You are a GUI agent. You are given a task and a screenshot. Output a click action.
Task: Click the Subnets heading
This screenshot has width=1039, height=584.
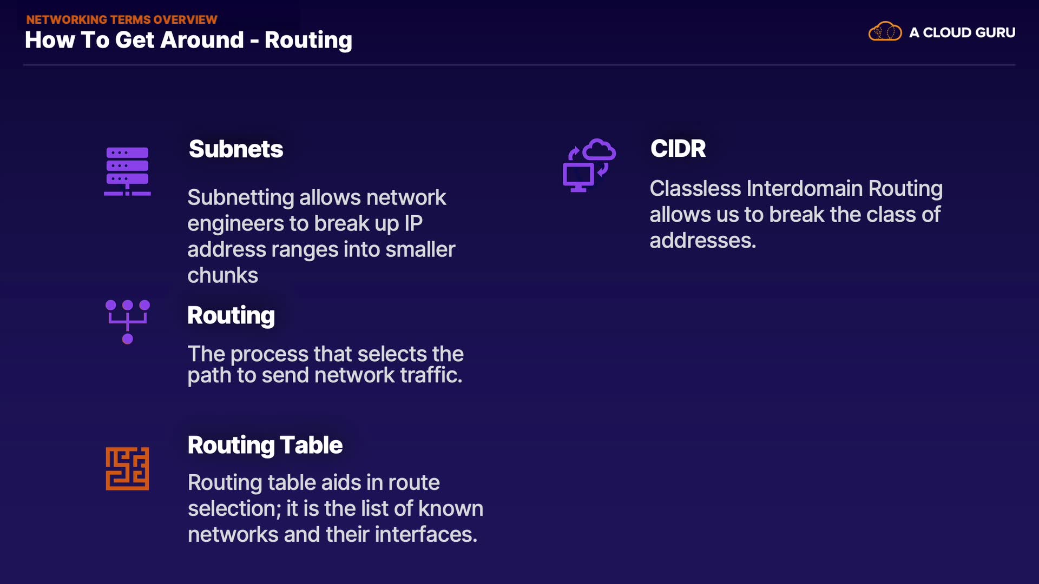tap(235, 149)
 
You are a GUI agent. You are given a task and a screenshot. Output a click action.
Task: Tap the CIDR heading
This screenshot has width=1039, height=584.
tap(678, 149)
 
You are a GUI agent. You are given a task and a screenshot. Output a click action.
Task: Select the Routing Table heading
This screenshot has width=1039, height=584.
tap(265, 445)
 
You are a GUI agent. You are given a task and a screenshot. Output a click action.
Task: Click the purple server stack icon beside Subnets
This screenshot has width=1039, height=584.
tap(127, 171)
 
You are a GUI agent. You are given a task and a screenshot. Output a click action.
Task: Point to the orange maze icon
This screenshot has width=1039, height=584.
tap(127, 468)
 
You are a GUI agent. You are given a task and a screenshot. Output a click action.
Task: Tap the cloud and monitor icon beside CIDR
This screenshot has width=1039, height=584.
tap(589, 165)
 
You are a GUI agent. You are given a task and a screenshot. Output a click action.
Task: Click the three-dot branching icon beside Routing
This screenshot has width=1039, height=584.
tap(127, 321)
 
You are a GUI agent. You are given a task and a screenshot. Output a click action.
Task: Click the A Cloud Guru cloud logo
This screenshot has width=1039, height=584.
tap(885, 32)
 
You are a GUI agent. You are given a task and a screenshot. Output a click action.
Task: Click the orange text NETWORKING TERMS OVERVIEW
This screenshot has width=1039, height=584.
tap(122, 19)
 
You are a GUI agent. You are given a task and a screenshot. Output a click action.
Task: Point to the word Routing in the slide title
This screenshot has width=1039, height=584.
tap(308, 40)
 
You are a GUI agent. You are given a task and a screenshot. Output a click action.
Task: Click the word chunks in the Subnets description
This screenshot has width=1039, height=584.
tap(222, 276)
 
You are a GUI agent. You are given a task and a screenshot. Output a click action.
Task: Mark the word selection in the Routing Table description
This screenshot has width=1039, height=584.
tap(234, 509)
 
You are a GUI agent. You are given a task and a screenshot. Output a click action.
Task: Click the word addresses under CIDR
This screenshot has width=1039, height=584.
tap(701, 241)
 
